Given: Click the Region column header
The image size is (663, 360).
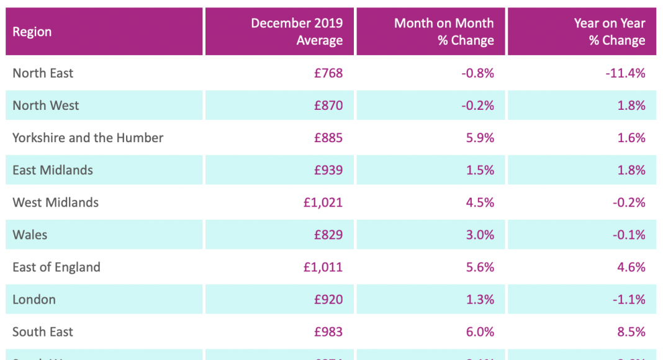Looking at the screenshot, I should pos(32,32).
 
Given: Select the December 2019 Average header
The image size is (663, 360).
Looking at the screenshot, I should pos(297,32).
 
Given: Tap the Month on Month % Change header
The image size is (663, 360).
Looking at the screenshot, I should pos(444,32).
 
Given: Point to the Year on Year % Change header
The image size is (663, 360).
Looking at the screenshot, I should pos(610,32).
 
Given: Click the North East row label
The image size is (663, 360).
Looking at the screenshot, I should pos(43,73).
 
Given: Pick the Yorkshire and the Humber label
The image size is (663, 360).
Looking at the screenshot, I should pos(88,138).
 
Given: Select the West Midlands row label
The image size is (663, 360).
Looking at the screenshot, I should pos(55,202).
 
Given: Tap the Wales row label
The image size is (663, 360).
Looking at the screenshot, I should pos(30,235).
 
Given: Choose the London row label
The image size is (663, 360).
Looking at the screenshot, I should pos(34,299).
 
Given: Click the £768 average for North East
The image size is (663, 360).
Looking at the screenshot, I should pos(328,73).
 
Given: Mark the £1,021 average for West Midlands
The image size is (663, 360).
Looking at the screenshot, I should pos(323,202).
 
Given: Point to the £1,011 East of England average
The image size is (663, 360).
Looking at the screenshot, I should pos(323,267).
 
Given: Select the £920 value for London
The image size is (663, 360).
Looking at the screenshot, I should pos(328,299).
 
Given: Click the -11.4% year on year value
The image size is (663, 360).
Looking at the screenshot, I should pos(625,73).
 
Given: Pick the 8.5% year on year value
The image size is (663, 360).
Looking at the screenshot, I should pos(631,331).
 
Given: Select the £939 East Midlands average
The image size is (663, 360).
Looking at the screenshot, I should pos(328,170).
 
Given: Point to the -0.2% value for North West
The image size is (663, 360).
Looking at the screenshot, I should pos(477,106).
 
